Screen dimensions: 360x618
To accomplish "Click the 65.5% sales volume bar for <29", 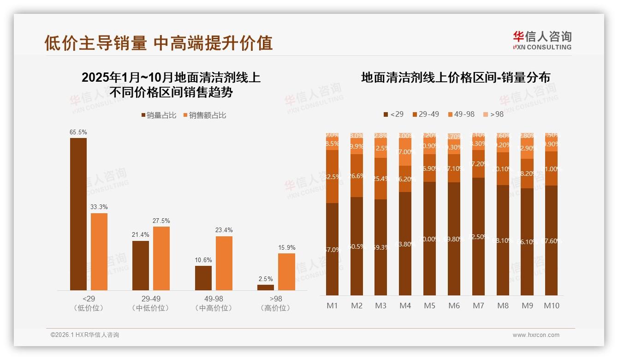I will coord(78,214).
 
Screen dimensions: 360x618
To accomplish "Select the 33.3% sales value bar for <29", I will coord(99,252).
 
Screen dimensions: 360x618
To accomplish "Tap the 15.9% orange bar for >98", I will coord(286,272).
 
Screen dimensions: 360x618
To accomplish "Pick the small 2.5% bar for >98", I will coord(266,288).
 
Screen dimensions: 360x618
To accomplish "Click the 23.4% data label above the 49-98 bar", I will coord(224,230).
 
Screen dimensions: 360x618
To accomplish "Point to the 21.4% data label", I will coord(141,234).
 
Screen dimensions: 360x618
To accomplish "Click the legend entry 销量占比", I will coord(159,115).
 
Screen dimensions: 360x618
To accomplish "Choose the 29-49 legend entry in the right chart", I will coord(425,114).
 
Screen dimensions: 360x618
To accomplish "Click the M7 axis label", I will coord(478,306).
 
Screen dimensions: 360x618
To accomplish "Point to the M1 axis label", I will coord(332,306).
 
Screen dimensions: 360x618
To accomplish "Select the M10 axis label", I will coord(551,306).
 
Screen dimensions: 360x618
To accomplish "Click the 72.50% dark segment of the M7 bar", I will coord(478,237).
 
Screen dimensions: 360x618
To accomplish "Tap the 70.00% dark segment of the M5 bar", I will coord(429,239).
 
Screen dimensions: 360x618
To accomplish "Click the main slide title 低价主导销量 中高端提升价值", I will coord(159,43).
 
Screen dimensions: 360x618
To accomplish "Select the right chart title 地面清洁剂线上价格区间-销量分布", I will coord(455,78).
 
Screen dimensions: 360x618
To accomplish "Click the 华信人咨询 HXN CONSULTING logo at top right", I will coord(542,40).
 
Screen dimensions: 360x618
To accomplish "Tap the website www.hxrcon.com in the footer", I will coord(536,335).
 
